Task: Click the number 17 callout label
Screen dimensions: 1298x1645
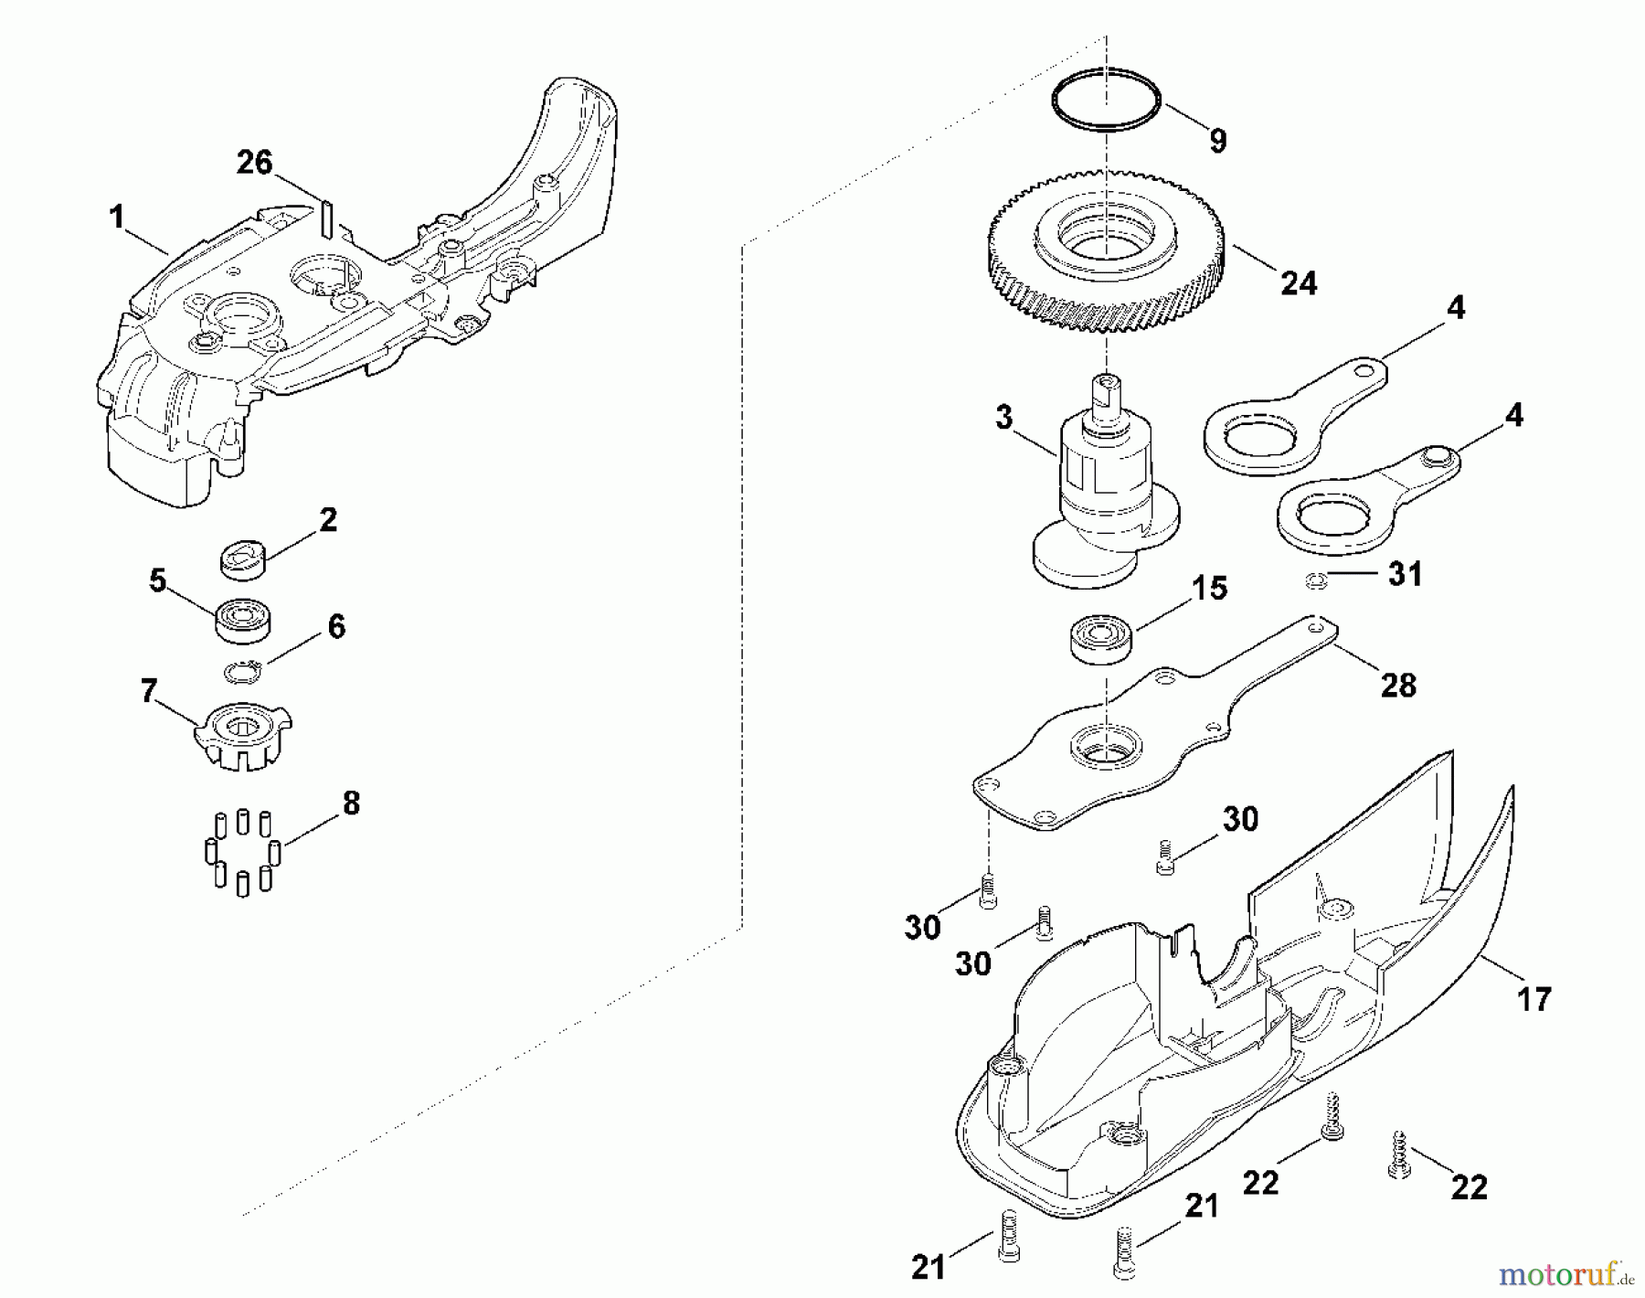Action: [x=1534, y=998]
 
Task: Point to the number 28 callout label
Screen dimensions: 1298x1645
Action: [x=1398, y=685]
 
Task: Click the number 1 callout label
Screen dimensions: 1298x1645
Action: [x=116, y=217]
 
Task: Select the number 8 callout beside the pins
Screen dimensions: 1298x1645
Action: [x=350, y=803]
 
